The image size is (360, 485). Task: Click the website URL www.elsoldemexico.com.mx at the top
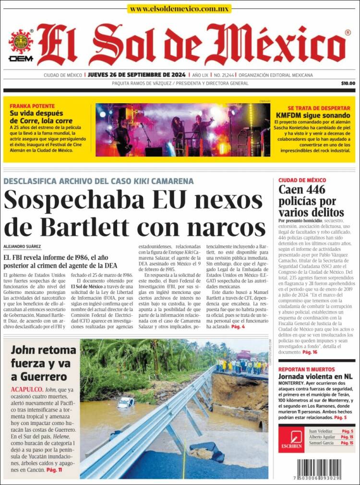pos(180,9)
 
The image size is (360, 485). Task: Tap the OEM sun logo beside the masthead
pos(20,43)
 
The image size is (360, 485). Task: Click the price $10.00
pos(348,83)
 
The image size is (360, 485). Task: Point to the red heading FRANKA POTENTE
pos(32,106)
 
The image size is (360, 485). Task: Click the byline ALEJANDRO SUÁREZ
pos(22,246)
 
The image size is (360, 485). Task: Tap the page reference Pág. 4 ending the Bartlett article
pos(238,327)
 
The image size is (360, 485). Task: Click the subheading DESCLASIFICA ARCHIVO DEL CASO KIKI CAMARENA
pos(98,181)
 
